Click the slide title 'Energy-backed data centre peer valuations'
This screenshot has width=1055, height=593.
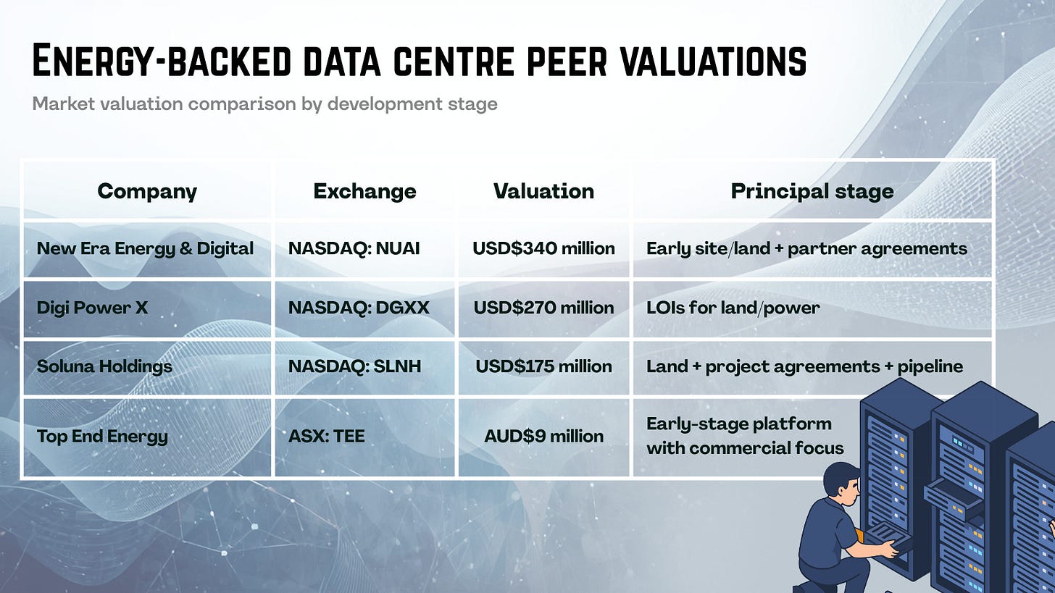point(419,61)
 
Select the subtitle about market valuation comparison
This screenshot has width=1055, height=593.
point(264,104)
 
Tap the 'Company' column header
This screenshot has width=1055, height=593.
point(147,191)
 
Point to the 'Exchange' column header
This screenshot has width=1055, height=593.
point(364,191)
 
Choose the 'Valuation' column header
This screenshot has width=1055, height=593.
point(543,191)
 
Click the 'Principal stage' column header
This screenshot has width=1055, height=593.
point(812,191)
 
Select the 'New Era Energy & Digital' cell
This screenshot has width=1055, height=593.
point(145,248)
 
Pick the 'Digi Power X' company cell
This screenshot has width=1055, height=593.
point(92,308)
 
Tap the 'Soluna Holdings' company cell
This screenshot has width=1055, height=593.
point(104,366)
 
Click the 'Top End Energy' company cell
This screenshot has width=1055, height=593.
point(102,436)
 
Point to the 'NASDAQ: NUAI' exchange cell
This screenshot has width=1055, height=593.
point(354,248)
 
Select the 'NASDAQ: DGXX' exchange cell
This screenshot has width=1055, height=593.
point(359,308)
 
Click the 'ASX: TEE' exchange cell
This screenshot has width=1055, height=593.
point(326,436)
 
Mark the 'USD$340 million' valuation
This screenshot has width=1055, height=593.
point(543,248)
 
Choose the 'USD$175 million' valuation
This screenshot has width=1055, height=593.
point(543,366)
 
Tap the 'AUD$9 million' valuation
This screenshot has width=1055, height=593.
point(543,436)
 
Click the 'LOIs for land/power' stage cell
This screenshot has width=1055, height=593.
point(733,308)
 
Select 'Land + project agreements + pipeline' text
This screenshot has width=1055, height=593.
point(804,366)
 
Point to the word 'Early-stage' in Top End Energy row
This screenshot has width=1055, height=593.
point(689,424)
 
